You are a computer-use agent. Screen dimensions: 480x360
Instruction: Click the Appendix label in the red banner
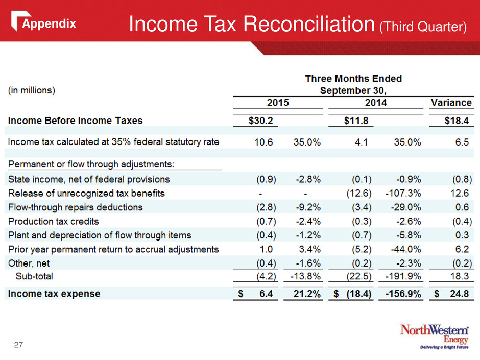pos(49,23)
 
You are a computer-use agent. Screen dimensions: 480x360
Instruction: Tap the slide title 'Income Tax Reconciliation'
pos(252,24)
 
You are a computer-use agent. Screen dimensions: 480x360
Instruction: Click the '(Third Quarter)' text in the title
pos(423,27)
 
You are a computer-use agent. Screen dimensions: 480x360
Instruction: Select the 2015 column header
pos(278,102)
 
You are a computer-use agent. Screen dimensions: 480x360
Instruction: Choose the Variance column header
pos(451,102)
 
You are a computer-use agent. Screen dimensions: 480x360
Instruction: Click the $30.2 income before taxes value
pos(260,121)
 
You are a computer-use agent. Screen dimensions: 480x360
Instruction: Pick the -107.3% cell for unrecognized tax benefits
pos(403,193)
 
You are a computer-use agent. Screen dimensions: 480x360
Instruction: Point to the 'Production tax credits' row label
pos(54,221)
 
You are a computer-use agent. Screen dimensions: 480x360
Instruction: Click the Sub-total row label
pos(34,276)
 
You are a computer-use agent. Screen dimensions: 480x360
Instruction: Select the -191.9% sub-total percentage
pos(403,276)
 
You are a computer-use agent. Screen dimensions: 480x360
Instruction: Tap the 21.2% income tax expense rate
pos(307,294)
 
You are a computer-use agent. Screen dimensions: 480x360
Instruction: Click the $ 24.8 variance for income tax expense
pos(451,294)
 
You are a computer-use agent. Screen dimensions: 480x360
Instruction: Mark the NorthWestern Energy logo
pos(435,337)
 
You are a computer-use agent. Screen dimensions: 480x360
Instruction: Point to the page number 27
pos(18,345)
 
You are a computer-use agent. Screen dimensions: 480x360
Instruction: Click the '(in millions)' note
pos(32,90)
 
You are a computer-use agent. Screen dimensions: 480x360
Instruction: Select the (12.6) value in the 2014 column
pos(359,193)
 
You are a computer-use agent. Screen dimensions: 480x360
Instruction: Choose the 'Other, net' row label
pos(29,263)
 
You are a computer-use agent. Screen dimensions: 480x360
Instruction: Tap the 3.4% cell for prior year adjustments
pos(310,249)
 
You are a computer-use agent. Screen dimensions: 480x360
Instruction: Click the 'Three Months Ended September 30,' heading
pos(353,84)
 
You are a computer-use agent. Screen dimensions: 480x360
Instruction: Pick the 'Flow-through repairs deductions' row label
pos(75,207)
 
